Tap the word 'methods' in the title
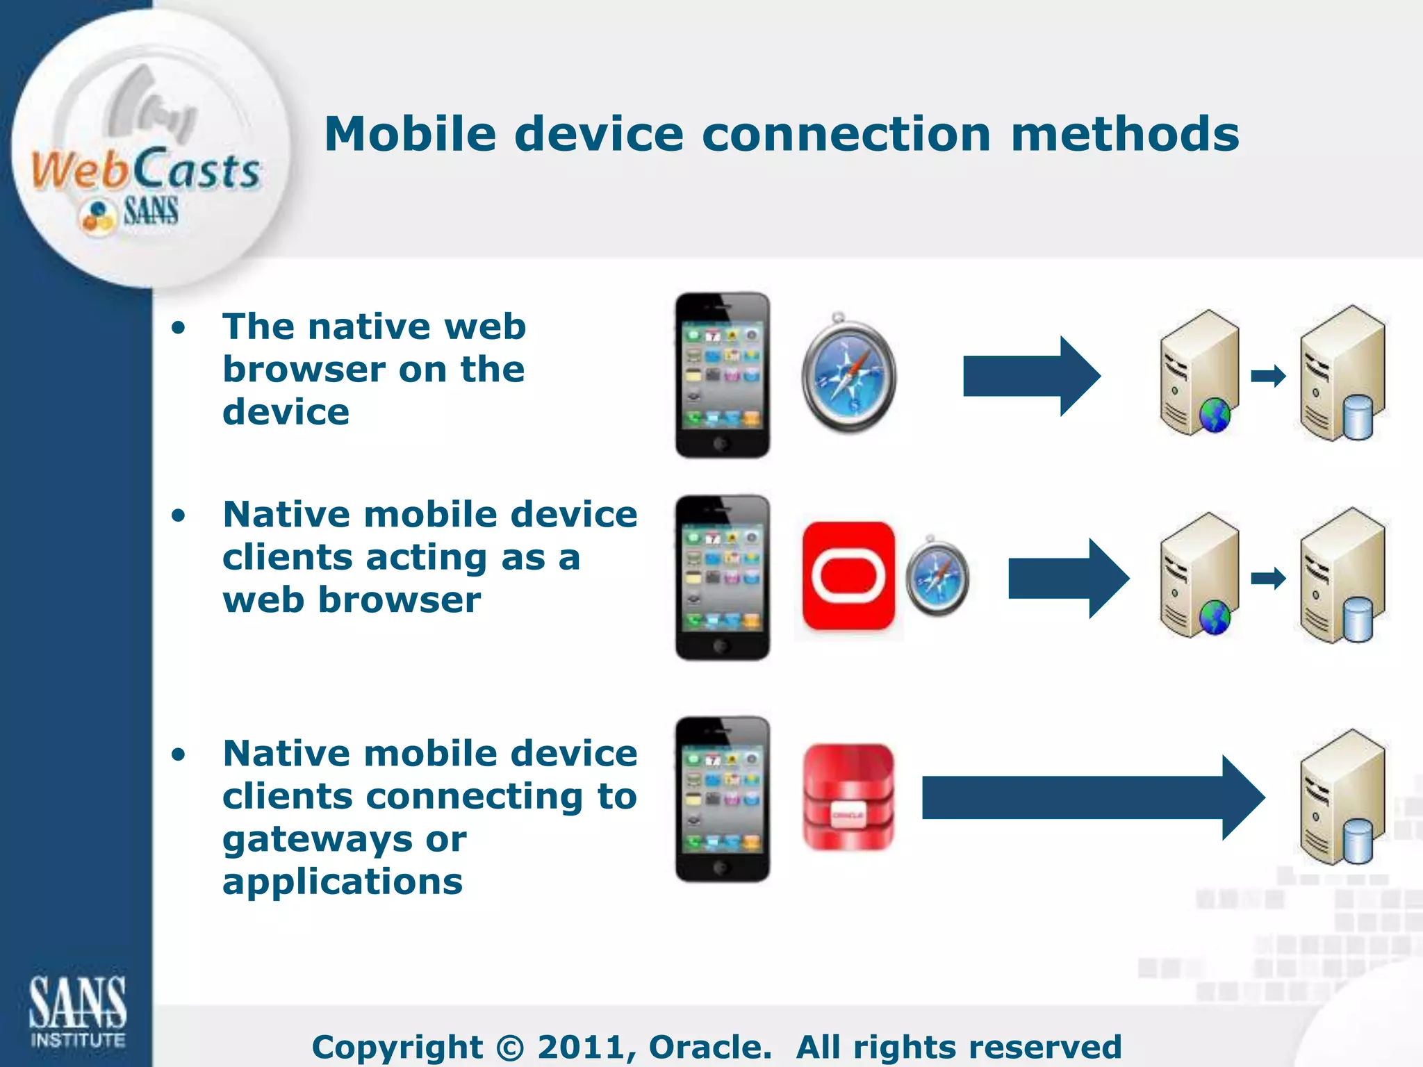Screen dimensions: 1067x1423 1124,134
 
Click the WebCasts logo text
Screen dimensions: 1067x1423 146,170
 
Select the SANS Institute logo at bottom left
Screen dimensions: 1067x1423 77,1011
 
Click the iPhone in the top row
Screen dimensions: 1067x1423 722,375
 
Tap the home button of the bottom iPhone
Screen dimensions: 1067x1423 721,867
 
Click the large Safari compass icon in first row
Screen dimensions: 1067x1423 848,376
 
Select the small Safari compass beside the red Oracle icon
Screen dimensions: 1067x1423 937,576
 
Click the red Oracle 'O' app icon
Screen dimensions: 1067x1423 848,577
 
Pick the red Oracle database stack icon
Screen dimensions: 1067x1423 848,797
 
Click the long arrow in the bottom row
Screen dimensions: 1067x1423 1091,797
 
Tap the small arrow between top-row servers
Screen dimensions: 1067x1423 1268,376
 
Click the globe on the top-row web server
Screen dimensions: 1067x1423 1215,415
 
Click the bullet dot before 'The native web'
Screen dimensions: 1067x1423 179,327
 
